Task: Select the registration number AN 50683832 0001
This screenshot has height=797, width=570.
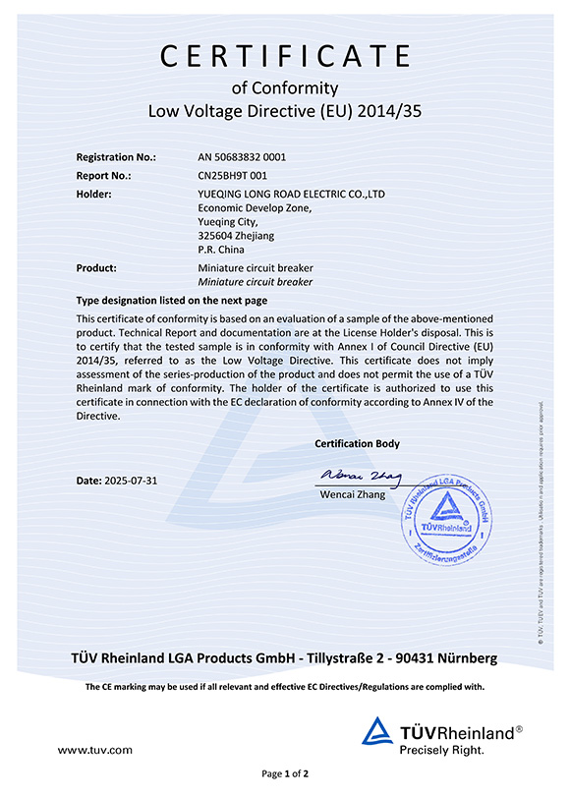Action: [242, 156]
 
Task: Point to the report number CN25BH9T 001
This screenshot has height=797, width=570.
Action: [234, 175]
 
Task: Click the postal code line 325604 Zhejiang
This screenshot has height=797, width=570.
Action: [236, 236]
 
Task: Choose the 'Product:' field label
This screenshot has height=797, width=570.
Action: [96, 267]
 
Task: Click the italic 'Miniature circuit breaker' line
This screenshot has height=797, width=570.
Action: [255, 282]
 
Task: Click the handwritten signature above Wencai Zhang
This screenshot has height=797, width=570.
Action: [359, 478]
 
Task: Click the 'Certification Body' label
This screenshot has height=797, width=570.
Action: [357, 444]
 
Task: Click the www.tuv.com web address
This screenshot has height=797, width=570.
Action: [94, 750]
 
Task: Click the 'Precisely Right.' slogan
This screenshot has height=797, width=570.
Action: [442, 750]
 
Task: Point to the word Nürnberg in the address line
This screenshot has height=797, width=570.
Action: [464, 657]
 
